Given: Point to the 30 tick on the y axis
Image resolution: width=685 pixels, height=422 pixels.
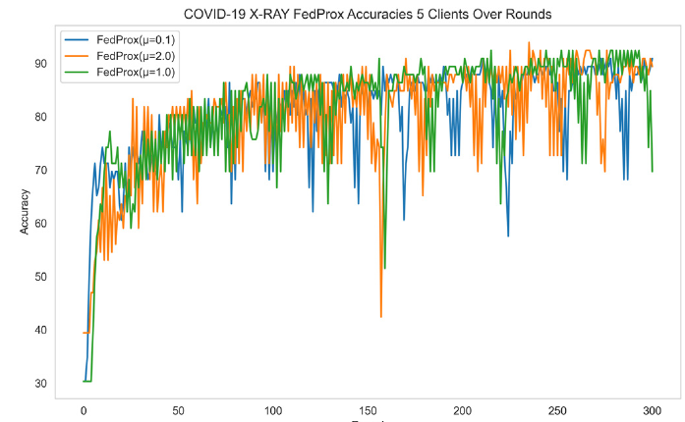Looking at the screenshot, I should [x=41, y=383].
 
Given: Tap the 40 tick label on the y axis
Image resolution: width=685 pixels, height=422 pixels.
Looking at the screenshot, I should [x=41, y=330].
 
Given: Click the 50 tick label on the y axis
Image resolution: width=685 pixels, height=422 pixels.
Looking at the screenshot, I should [x=41, y=277].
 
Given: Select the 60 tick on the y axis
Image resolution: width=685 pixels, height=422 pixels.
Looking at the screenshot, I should [x=41, y=223].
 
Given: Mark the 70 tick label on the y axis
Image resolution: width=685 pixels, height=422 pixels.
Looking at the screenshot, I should [x=41, y=170].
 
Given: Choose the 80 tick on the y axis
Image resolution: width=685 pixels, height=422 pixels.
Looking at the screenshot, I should [x=41, y=117].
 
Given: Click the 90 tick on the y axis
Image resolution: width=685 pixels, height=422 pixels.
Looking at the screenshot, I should [x=41, y=64].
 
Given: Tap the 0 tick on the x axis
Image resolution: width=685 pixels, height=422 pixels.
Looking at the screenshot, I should [x=85, y=410].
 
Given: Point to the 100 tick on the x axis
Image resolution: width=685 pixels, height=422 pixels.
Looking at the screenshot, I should [x=273, y=410].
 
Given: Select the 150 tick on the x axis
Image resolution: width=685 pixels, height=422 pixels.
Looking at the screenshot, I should [x=369, y=410].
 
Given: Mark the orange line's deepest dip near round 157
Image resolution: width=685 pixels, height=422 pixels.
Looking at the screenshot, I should [x=381, y=316].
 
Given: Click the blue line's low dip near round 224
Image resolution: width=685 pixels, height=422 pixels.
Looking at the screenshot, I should [x=508, y=236].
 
